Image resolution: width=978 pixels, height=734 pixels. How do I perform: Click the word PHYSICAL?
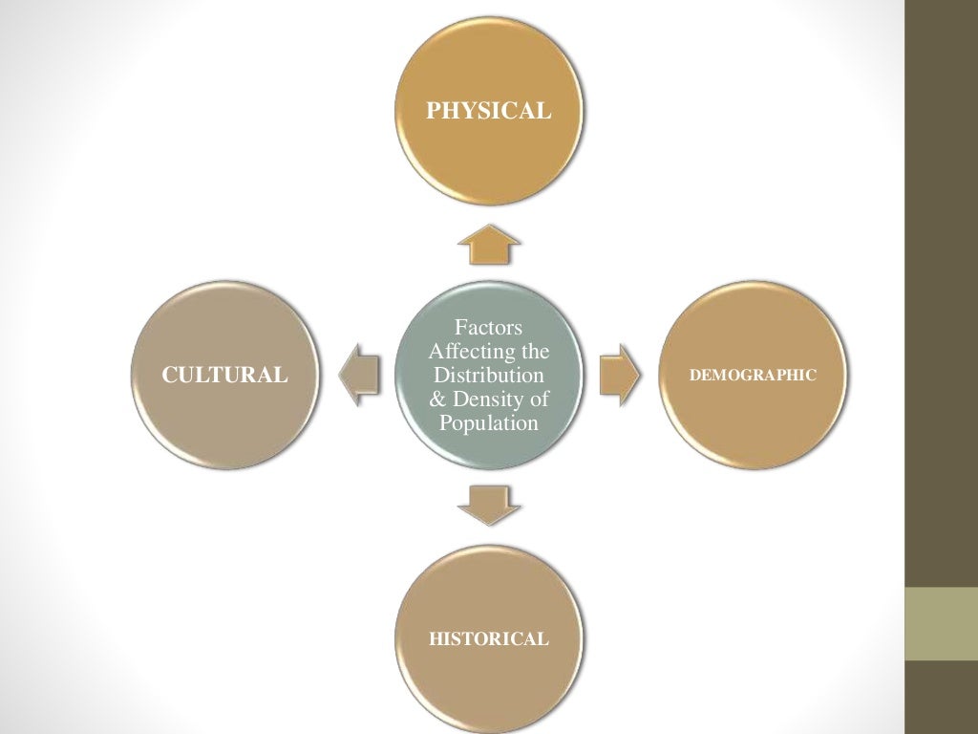point(488,112)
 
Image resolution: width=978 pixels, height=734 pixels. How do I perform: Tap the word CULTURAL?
point(224,375)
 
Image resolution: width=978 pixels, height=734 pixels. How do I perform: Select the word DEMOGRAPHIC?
point(753,375)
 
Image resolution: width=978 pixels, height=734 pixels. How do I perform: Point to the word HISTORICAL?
point(488,638)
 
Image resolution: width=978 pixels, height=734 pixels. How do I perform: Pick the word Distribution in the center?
point(489,376)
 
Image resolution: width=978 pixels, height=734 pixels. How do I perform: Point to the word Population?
point(489,422)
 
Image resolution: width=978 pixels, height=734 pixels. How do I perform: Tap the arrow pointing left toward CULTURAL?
point(360,375)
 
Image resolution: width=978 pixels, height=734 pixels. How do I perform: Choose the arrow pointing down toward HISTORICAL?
point(489,504)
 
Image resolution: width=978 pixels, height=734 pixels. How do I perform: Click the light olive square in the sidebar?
point(941,623)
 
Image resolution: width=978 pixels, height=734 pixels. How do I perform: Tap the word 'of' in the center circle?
point(541,399)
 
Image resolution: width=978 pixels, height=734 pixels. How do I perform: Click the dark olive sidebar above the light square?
point(941,287)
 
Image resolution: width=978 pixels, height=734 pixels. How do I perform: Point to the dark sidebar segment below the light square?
point(941,698)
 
